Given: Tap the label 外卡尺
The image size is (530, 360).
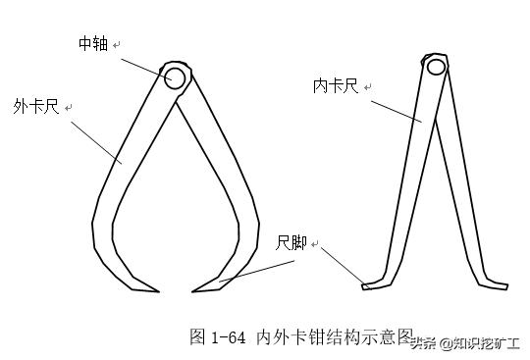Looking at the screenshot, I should (34, 106).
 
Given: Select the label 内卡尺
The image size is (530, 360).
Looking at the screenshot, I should (334, 87).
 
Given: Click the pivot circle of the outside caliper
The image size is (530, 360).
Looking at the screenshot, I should (176, 77).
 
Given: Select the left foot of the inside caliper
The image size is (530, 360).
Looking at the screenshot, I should (370, 285).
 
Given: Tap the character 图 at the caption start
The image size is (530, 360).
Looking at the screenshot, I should (196, 336).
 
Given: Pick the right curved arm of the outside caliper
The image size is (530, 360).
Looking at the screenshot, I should (228, 186).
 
